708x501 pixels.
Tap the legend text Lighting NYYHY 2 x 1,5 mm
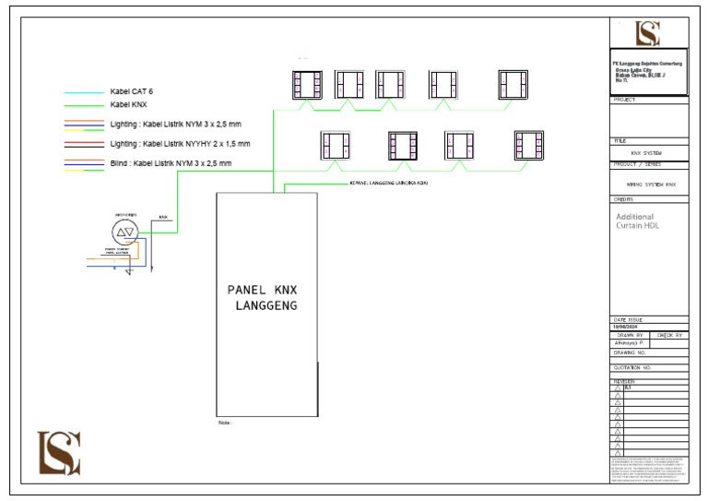(x=180, y=144)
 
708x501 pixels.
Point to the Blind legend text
(x=171, y=163)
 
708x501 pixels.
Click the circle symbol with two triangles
(x=124, y=232)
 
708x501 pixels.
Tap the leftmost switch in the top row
(x=306, y=84)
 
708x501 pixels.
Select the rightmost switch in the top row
(x=512, y=84)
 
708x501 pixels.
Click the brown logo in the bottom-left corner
(x=59, y=453)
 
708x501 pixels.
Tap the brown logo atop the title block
(x=649, y=33)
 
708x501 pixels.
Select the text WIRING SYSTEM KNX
(x=651, y=185)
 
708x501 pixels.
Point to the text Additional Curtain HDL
(x=638, y=221)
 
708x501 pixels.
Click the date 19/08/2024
(x=627, y=327)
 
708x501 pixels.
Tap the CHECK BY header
(x=669, y=335)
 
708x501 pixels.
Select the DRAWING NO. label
(x=631, y=352)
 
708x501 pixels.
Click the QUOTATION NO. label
(x=633, y=367)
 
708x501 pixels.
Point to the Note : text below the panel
(x=224, y=423)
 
